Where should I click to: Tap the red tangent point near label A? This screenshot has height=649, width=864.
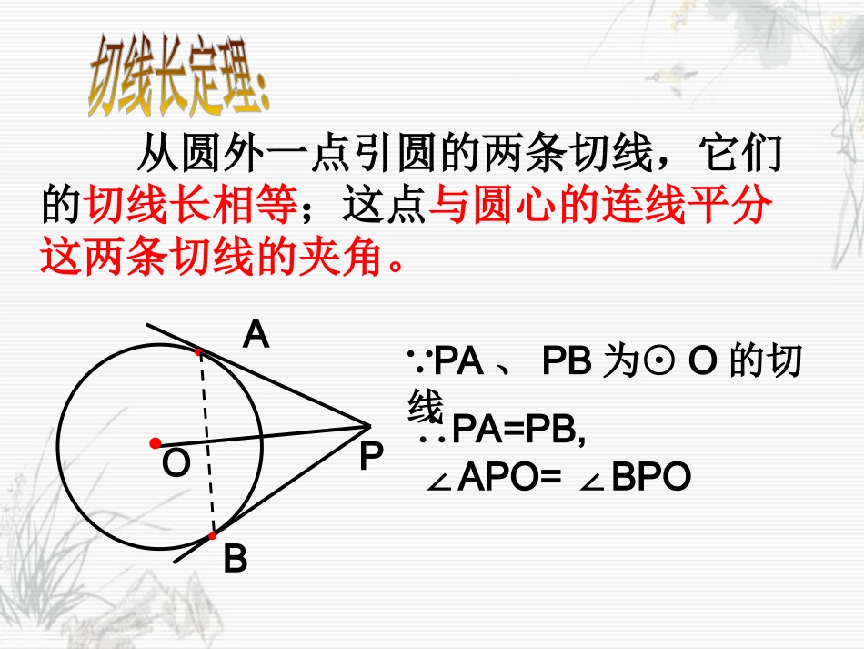(198, 350)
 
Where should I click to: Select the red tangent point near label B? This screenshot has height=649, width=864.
(213, 537)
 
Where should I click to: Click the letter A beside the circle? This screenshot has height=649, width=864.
(256, 336)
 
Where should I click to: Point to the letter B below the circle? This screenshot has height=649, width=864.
(235, 560)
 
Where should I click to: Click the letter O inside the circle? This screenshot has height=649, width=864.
(176, 464)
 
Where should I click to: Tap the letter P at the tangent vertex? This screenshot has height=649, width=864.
(370, 456)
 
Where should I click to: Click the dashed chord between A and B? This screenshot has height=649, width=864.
(206, 446)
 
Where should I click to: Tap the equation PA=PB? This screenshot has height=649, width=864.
(517, 431)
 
